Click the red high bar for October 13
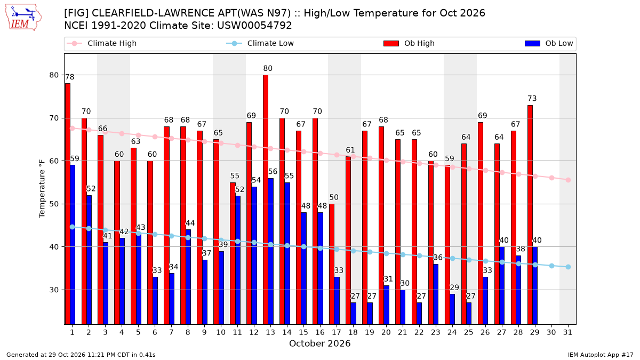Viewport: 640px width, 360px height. [x=266, y=199]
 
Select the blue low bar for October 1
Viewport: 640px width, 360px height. [x=73, y=245]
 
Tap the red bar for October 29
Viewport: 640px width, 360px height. [x=530, y=215]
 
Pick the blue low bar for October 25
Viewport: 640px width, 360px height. [x=469, y=314]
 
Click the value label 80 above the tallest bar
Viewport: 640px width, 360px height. [x=268, y=69]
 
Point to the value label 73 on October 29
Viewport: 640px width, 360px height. [x=532, y=99]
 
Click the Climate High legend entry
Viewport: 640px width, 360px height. [x=102, y=43]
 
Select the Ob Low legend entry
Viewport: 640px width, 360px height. [x=549, y=43]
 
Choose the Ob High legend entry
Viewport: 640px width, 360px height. [x=409, y=43]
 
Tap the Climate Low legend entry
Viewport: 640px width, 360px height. [x=260, y=43]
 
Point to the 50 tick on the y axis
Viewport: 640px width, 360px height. [x=54, y=204]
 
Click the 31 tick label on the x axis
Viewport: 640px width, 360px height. [x=567, y=332]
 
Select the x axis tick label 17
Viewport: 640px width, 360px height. [x=337, y=332]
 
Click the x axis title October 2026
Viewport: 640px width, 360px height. [x=319, y=343]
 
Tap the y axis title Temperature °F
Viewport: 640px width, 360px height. [x=42, y=189]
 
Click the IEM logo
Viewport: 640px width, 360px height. [x=23, y=18]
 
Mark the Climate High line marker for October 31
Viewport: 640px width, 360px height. [x=568, y=180]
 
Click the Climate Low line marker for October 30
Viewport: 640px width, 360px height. [x=551, y=266]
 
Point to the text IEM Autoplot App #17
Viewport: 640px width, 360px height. [x=601, y=355]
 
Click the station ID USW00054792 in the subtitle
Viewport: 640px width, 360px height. [x=254, y=26]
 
